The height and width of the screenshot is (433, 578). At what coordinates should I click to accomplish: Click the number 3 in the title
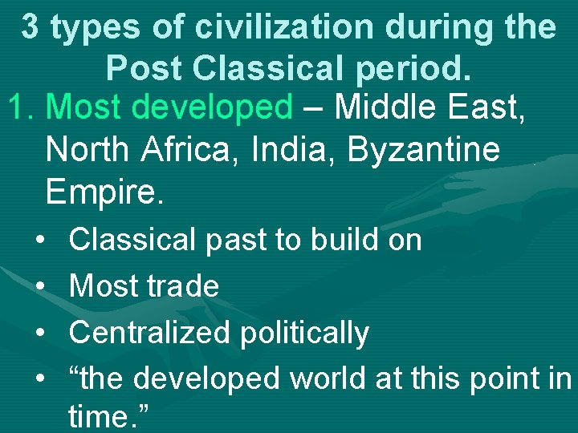(30, 28)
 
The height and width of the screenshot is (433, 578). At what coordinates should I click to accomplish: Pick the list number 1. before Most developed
(22, 107)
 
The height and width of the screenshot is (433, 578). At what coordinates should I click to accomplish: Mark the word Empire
(104, 192)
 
